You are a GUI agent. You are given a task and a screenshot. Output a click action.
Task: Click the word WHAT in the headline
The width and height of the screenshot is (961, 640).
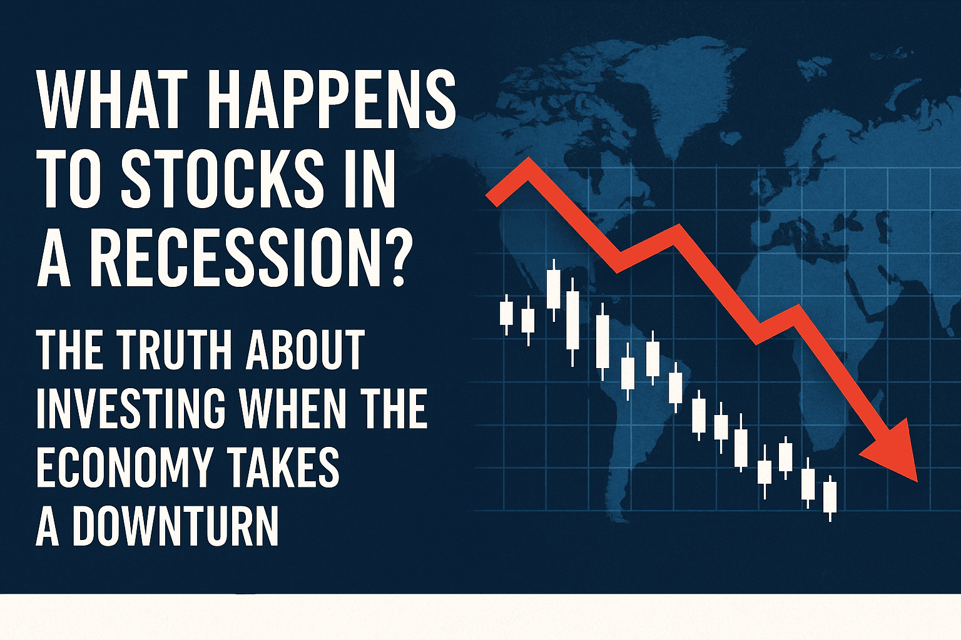113,99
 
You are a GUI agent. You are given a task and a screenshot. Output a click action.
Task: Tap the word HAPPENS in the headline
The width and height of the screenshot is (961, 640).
331,99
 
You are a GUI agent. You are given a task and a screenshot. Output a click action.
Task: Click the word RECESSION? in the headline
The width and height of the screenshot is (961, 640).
248,256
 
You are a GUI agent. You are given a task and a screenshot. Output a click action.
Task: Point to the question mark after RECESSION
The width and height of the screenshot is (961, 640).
391,256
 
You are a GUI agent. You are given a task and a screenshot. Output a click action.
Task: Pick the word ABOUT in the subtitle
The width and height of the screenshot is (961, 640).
305,350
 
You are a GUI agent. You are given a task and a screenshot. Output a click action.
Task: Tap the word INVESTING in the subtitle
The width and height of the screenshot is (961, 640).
131,408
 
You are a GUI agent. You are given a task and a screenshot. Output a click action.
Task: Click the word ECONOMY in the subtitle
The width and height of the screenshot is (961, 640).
125,467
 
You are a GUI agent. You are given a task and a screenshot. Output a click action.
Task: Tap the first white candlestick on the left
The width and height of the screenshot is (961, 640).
506,314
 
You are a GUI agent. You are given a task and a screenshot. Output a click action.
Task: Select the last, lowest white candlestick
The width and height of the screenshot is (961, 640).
830,498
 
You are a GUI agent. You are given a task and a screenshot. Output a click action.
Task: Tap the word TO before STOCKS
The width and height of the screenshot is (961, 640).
71,178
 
